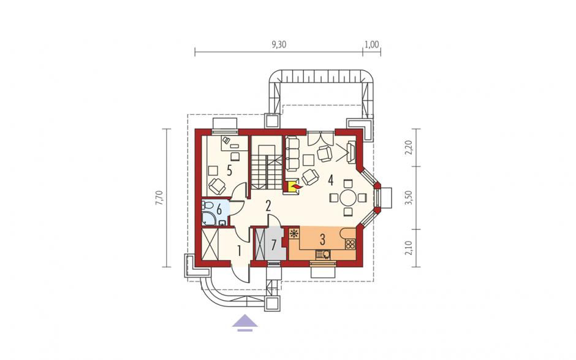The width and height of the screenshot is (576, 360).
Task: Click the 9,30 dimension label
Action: [279, 45]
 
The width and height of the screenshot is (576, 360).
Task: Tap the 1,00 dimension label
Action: [371, 45]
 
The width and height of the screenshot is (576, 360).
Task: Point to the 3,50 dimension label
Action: [411, 197]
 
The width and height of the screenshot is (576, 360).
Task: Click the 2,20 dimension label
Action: [411, 148]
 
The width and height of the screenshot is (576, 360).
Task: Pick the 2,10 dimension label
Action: [411, 248]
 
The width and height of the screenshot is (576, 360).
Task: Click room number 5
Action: [229, 170]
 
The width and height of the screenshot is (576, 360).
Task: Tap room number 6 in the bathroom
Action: [219, 210]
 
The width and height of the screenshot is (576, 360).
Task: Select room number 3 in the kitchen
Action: [322, 239]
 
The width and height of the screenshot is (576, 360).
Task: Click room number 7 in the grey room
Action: [274, 245]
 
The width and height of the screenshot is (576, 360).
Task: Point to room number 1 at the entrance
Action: [239, 251]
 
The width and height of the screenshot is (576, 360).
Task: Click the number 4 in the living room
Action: [331, 180]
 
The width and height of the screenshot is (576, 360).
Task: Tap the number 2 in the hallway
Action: [268, 206]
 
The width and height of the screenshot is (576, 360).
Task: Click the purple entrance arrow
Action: [245, 323]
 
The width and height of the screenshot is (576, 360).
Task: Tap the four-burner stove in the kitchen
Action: [350, 243]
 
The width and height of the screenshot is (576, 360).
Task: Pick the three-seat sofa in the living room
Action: [292, 153]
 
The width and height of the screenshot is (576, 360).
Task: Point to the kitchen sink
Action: [324, 255]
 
